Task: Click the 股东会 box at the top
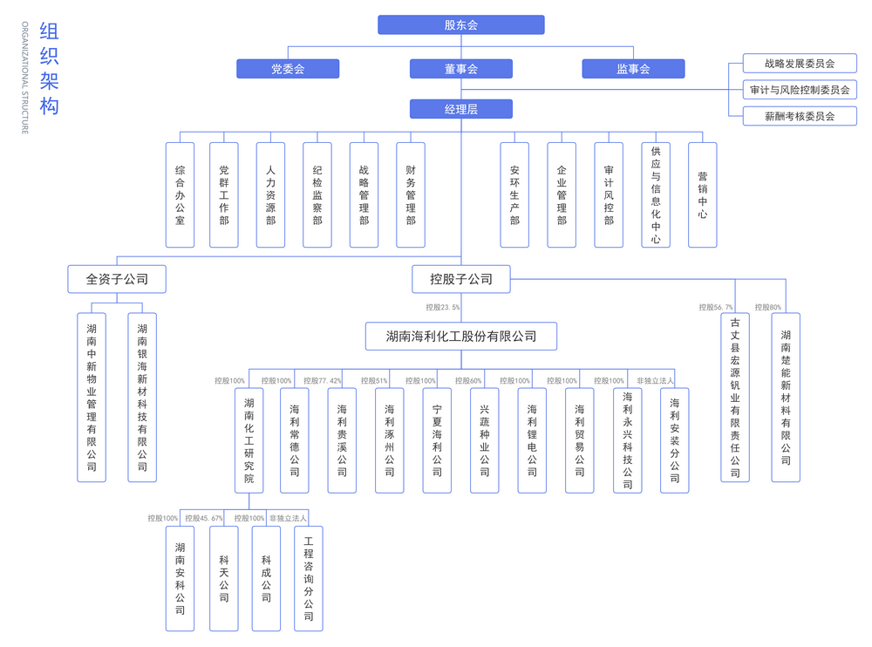(x=461, y=25)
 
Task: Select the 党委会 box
(x=288, y=69)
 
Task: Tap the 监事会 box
(x=633, y=69)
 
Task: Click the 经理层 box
(x=461, y=109)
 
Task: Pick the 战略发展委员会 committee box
(x=800, y=64)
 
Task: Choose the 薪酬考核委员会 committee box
(x=800, y=116)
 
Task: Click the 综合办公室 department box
(x=181, y=194)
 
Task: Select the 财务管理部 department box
(x=411, y=194)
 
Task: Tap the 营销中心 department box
(x=702, y=194)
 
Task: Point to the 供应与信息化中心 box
(x=656, y=194)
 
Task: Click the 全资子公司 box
(x=117, y=279)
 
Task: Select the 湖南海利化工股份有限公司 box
(x=461, y=337)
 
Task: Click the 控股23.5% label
(x=443, y=307)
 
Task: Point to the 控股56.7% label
(x=716, y=307)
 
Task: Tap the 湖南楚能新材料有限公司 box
(x=786, y=398)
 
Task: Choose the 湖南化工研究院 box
(x=249, y=440)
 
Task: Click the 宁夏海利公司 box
(x=437, y=440)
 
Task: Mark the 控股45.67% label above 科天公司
(x=203, y=518)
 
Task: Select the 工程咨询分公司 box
(x=309, y=579)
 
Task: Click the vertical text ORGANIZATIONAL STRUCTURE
(x=25, y=78)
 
